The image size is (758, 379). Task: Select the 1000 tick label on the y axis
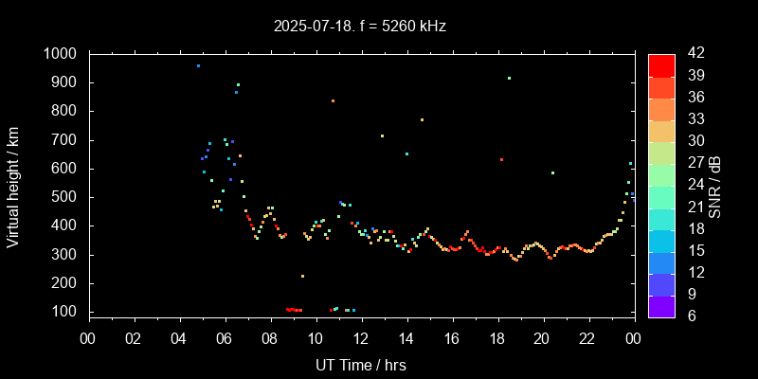pyautogui.click(x=63, y=54)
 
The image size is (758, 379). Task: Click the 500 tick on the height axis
pyautogui.click(x=68, y=197)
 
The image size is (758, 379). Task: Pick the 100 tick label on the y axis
pyautogui.click(x=68, y=312)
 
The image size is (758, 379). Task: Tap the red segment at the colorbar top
pyautogui.click(x=661, y=64)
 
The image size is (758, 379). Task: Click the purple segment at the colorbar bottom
pyautogui.click(x=661, y=305)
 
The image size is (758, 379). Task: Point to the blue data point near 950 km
pyautogui.click(x=198, y=66)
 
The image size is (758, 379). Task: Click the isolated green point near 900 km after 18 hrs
pyautogui.click(x=509, y=79)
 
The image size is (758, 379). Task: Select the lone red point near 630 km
pyautogui.click(x=501, y=159)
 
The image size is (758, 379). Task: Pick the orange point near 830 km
pyautogui.click(x=333, y=100)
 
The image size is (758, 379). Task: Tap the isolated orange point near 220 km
pyautogui.click(x=302, y=276)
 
